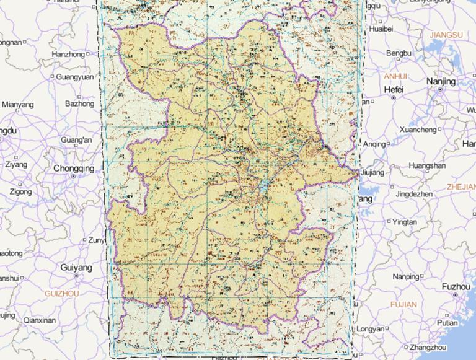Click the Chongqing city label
[x=74, y=168]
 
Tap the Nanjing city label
[x=441, y=81]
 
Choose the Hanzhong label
[x=68, y=55]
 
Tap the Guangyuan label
[x=74, y=77]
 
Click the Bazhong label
[x=79, y=103]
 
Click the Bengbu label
[x=399, y=54]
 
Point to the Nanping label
[x=406, y=276]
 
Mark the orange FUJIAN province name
[x=403, y=305]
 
